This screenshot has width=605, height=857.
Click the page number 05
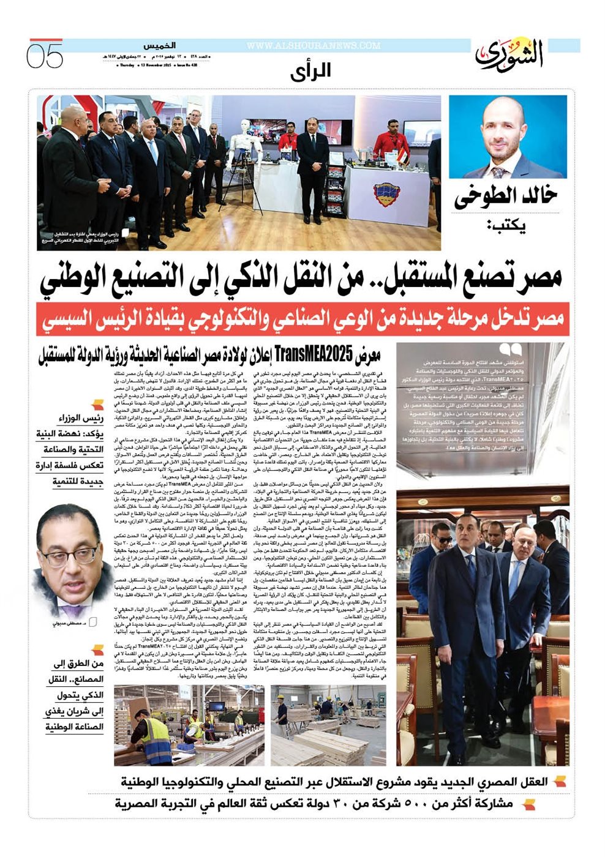pyautogui.click(x=45, y=56)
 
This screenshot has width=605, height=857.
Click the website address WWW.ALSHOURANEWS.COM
pyautogui.click(x=313, y=46)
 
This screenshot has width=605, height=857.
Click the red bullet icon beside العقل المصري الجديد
pyautogui.click(x=558, y=782)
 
